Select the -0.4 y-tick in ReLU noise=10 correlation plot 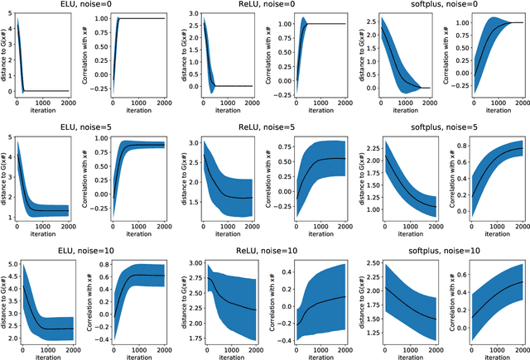point(277,339)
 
